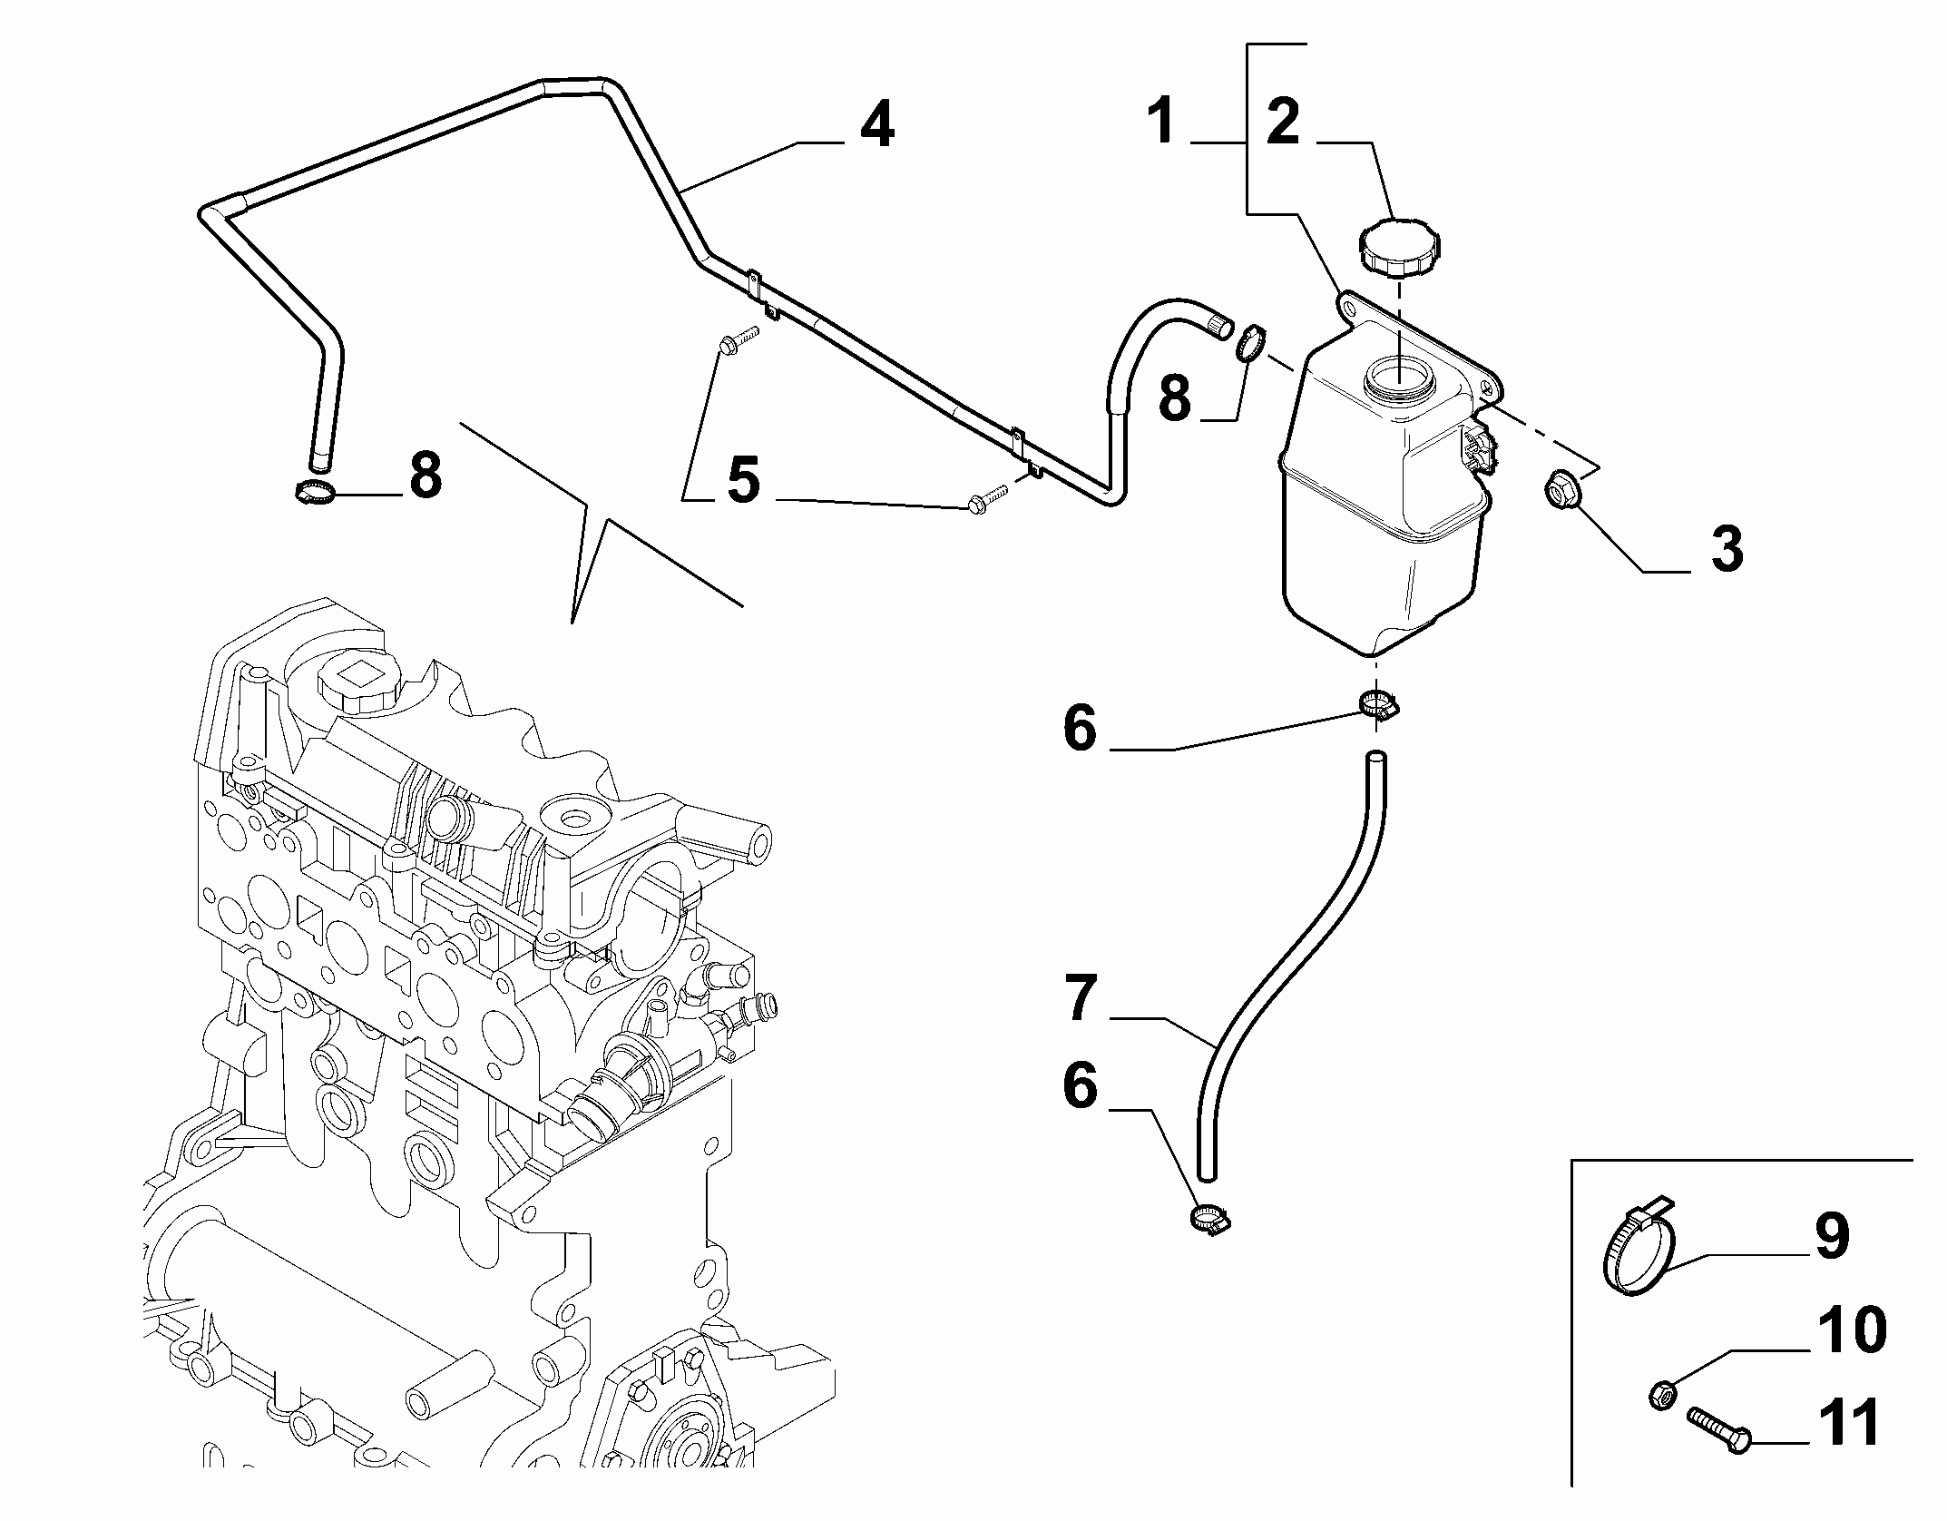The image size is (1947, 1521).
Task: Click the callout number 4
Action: [876, 125]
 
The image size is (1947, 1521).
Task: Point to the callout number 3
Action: [1727, 549]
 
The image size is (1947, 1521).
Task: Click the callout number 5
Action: [744, 480]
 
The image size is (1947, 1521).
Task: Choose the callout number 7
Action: [1080, 998]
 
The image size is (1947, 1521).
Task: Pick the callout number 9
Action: [1832, 1236]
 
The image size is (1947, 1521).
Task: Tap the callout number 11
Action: [1852, 1423]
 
